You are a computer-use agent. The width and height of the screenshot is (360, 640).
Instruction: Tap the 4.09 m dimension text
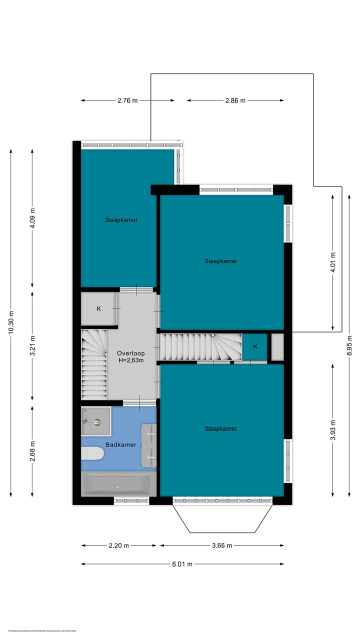pyautogui.click(x=32, y=218)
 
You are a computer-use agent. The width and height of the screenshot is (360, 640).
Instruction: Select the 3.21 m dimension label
pyautogui.click(x=32, y=345)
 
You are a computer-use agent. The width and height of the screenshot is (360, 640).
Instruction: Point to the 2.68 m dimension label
pyautogui.click(x=32, y=451)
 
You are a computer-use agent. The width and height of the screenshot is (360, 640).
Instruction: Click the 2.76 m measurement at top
pyautogui.click(x=127, y=100)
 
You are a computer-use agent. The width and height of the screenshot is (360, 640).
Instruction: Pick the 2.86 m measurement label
pyautogui.click(x=235, y=100)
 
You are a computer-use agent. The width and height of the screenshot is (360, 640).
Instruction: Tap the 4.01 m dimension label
pyautogui.click(x=333, y=261)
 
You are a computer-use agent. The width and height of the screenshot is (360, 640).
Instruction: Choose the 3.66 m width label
pyautogui.click(x=222, y=545)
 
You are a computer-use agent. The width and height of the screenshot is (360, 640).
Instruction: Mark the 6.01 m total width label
pyautogui.click(x=182, y=564)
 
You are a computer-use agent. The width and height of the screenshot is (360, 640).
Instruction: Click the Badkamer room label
pyautogui.click(x=120, y=444)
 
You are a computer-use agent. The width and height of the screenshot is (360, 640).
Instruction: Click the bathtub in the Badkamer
pyautogui.click(x=116, y=484)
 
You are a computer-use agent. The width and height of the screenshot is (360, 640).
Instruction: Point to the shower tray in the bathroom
pyautogui.click(x=95, y=421)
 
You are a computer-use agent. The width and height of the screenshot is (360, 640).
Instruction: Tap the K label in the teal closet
pyautogui.click(x=255, y=346)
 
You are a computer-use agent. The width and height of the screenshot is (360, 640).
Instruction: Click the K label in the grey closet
pyautogui.click(x=98, y=308)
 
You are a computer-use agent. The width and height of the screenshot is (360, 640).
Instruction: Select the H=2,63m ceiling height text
pyautogui.click(x=130, y=360)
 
